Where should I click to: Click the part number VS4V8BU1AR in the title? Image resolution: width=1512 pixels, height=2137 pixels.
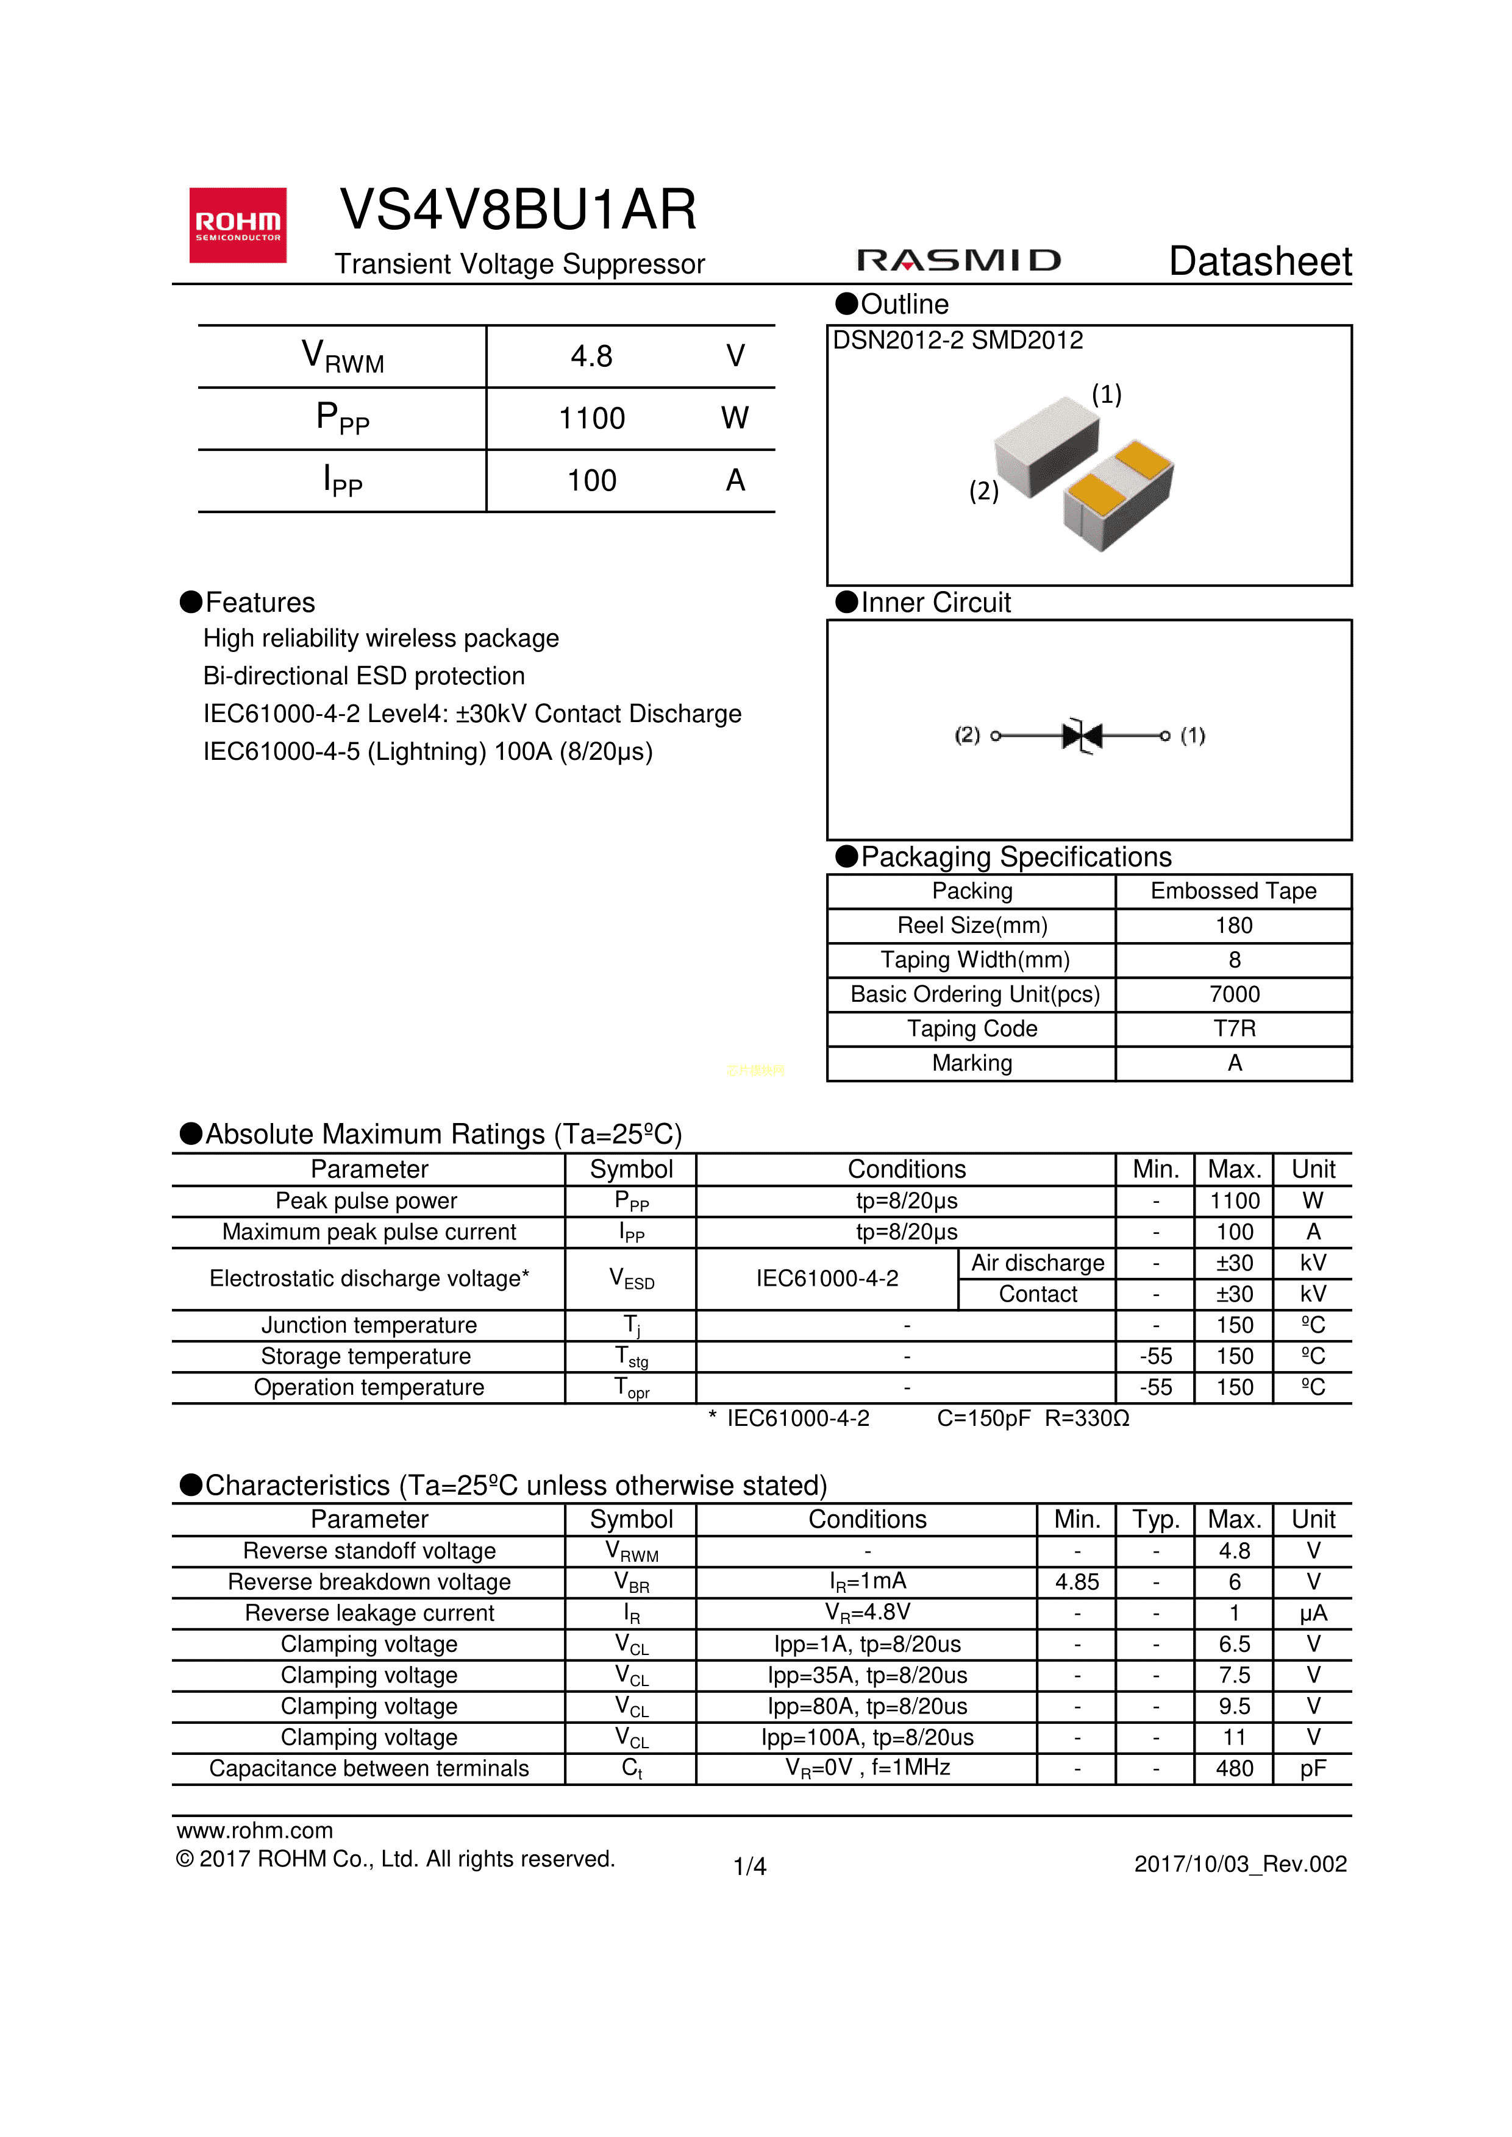518,210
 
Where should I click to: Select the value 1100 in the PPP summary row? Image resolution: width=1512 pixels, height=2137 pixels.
591,418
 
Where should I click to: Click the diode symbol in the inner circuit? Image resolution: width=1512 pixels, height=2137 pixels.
1082,735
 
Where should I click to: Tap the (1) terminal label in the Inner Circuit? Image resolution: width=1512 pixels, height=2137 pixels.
1192,735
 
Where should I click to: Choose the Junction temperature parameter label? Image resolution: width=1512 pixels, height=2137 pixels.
369,1325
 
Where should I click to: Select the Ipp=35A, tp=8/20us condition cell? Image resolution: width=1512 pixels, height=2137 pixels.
867,1675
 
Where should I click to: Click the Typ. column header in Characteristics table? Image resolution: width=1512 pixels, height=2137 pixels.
1155,1519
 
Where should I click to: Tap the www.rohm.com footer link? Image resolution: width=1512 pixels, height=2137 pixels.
254,1830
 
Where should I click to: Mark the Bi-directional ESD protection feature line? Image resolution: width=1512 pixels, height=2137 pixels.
364,676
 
